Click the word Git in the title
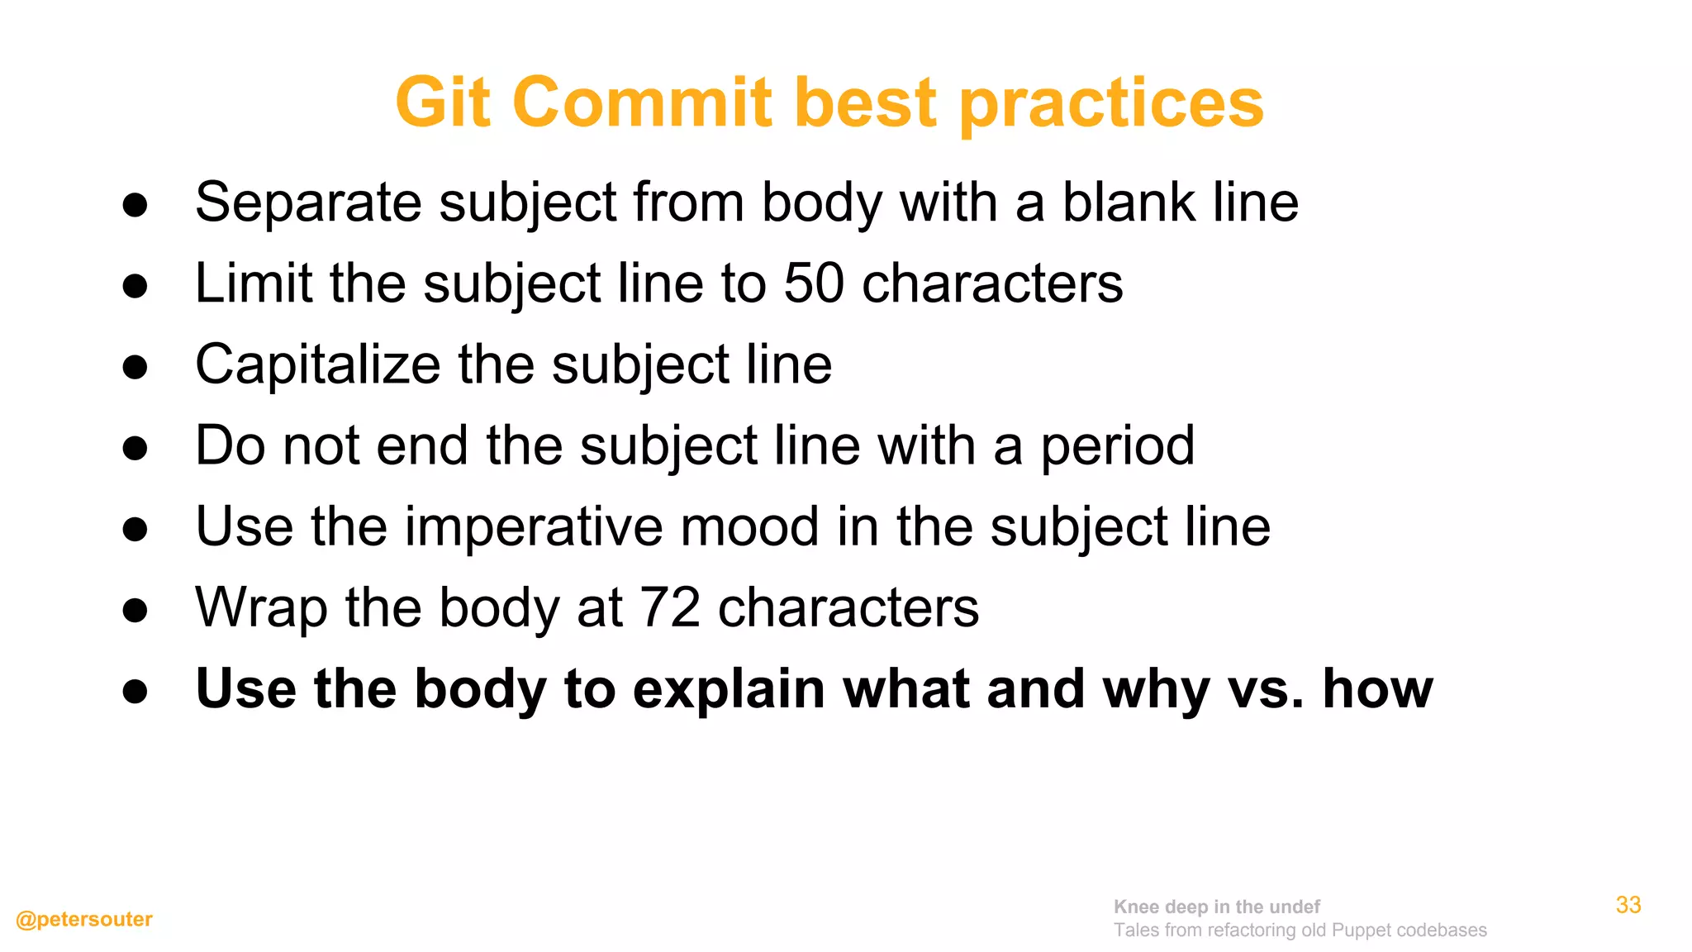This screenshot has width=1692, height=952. (x=443, y=102)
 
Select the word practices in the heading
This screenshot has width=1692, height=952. (x=1111, y=104)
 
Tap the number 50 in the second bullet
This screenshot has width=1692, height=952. (x=814, y=283)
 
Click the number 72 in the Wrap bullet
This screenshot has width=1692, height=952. (x=670, y=607)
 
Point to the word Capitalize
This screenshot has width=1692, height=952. (x=318, y=364)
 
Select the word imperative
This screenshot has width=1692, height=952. (x=533, y=526)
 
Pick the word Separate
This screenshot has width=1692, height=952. (x=308, y=202)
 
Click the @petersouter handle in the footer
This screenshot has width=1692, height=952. (x=84, y=919)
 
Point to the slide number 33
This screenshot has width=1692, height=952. (x=1628, y=905)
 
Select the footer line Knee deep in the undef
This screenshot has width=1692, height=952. (x=1216, y=907)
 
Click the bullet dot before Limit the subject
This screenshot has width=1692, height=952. (x=135, y=286)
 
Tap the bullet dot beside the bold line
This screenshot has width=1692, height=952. (x=135, y=691)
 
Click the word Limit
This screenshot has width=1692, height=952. (x=254, y=283)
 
